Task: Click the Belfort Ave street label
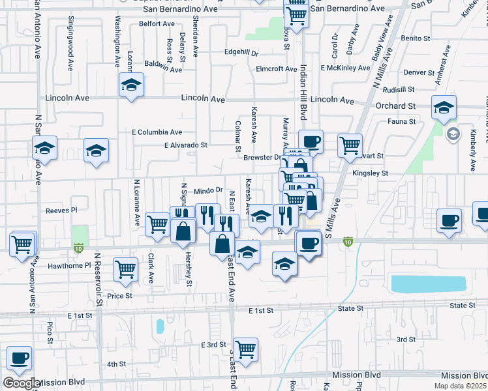tap(159, 23)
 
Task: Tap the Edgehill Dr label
tap(241, 52)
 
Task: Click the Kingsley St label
tap(370, 173)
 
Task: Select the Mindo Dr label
tap(209, 191)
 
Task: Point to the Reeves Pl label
tap(61, 210)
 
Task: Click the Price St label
tap(120, 295)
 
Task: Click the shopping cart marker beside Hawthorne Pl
tap(125, 268)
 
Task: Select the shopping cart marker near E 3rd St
tap(245, 349)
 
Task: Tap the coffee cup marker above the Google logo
tap(19, 358)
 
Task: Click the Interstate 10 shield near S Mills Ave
tap(348, 242)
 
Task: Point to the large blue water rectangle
tap(428, 283)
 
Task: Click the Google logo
tap(22, 383)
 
